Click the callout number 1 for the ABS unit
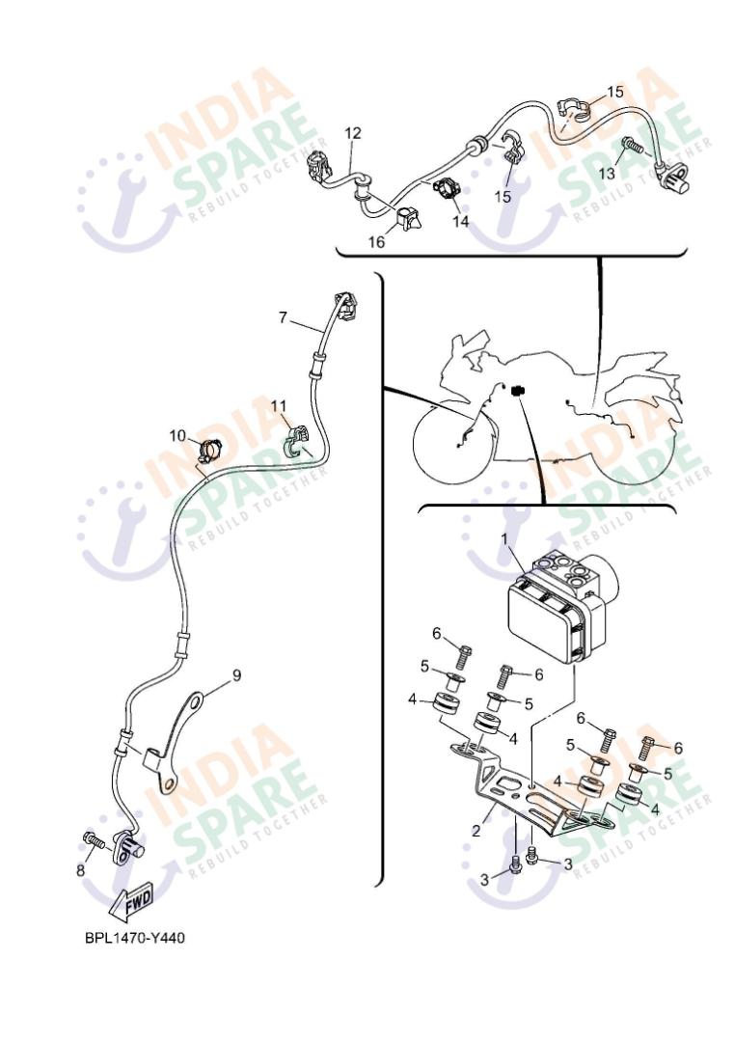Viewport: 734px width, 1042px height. [503, 538]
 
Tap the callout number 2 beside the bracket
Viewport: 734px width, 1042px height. [476, 831]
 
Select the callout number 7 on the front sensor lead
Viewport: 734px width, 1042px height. [283, 317]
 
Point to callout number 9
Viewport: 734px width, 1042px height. [236, 675]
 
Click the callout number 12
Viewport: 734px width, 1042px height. [353, 133]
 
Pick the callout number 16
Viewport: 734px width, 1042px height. [376, 242]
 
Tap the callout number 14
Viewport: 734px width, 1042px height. [460, 221]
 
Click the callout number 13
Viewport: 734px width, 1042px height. [607, 174]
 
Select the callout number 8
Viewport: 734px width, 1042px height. [81, 870]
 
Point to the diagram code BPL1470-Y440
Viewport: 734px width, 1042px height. [135, 938]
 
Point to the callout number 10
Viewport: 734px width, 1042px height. [177, 435]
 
